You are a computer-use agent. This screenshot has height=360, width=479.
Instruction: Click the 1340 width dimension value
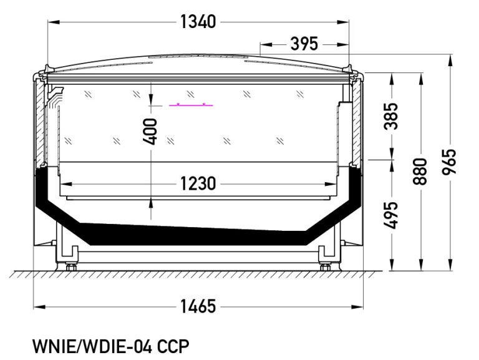[198, 22]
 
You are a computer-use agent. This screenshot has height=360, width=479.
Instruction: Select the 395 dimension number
[304, 44]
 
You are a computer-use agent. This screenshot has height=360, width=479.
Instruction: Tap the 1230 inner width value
[198, 183]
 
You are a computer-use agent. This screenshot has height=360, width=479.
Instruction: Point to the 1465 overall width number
[198, 306]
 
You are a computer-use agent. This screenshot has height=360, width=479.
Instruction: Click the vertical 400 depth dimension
[150, 132]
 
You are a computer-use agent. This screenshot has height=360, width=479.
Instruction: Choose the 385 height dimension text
[391, 116]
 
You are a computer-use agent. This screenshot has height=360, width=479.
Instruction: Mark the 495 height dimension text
[391, 215]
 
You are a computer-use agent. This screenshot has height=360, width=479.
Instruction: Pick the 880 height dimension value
[420, 172]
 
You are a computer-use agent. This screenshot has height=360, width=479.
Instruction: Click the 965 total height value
[449, 162]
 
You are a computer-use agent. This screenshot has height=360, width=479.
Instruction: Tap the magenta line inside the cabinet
[191, 105]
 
